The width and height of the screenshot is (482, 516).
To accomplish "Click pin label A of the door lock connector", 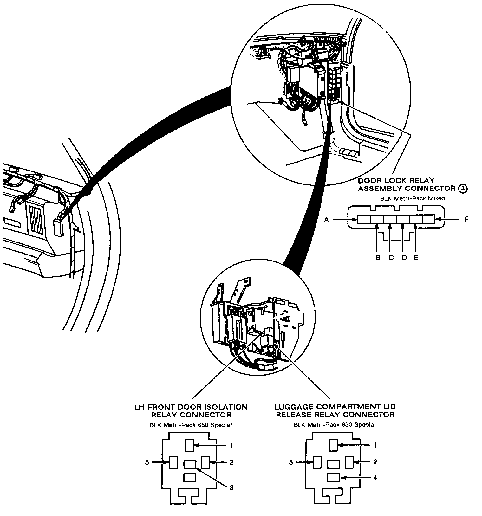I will pos(326,219).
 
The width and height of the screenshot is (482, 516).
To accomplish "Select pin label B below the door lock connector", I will pos(378,258).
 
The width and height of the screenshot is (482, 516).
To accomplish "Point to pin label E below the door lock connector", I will pos(416,258).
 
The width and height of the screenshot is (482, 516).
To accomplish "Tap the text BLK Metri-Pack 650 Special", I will pos(191,425).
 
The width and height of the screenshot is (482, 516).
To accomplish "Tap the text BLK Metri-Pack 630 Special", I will pos(335,425).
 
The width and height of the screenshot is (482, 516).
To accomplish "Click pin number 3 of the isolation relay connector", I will pos(231,488).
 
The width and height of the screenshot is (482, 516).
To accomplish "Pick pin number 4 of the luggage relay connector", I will pos(375,477).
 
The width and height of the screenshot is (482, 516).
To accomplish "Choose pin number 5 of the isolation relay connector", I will pos(147,462).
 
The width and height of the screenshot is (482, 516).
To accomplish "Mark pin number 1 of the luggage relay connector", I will pos(375,445).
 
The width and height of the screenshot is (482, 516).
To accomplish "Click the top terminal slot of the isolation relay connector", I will pos(189,445).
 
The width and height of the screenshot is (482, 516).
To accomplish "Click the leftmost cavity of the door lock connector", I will pos(364,219).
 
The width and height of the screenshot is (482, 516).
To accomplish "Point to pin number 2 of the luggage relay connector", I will pos(375,462).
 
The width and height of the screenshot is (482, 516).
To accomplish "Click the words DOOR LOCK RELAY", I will pos(396,181).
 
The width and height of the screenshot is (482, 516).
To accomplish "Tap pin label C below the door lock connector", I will pos(391,258).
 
